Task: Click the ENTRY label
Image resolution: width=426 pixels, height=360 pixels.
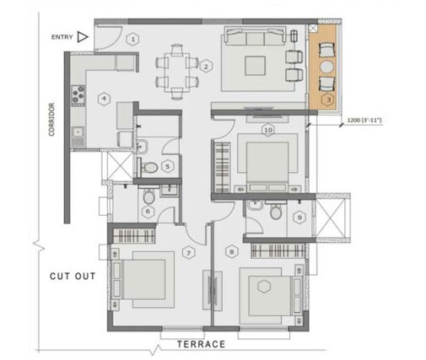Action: click(x=62, y=37)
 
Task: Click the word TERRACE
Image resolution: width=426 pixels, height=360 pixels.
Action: click(x=201, y=344)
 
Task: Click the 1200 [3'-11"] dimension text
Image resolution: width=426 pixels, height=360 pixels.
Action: click(x=365, y=121)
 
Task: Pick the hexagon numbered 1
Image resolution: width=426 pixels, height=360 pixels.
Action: click(x=132, y=39)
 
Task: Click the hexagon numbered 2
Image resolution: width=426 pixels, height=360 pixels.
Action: click(x=206, y=66)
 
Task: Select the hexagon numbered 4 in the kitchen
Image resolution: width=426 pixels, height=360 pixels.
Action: click(x=103, y=99)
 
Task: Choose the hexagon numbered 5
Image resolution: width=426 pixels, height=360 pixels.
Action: click(x=169, y=165)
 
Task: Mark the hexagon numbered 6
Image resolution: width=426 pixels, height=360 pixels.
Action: click(x=148, y=211)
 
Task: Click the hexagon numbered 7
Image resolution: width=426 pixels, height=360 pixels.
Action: click(x=189, y=251)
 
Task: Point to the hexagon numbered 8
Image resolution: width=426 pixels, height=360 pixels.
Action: click(x=231, y=251)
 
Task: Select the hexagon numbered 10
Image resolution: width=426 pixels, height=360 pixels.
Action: click(x=267, y=130)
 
